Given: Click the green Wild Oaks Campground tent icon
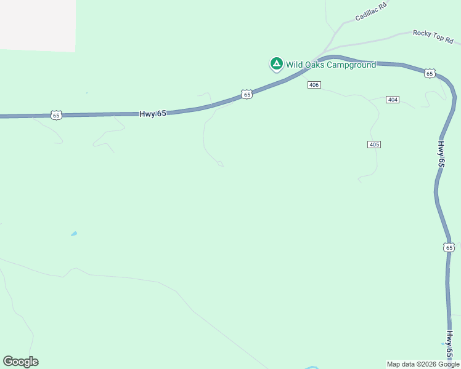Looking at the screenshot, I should coord(277,63).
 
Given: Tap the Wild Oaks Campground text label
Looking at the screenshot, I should coord(330,65).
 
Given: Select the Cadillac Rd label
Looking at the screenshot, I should coord(370,13).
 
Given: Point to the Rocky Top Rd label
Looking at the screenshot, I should coord(433,36).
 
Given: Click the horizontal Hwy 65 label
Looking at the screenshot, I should coord(153,114).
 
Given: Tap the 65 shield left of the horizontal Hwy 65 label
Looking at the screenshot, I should coord(56,115).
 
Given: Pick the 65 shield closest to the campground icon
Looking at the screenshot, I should coord(247,94).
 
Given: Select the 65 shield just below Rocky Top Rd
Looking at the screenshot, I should coord(430,73).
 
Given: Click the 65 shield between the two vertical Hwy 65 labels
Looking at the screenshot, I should coord(449,247).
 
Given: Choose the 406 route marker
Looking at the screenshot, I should coord(314,85).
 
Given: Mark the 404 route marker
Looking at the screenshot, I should coord(393,99).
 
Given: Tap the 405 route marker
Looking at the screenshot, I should coord(374,145).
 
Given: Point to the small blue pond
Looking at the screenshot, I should coord(74,234).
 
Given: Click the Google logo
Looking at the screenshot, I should coord(20,362).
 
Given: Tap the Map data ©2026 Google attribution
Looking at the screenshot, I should coord(423,364).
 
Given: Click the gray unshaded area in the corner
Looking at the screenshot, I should coord(37,25).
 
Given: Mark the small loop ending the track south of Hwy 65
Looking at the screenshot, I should coord(220,164).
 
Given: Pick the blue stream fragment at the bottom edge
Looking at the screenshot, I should coord(312,367).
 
